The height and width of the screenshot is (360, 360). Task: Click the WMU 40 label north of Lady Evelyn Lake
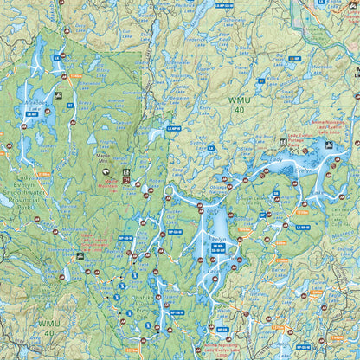240,106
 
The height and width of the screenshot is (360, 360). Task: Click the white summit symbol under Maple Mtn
106,172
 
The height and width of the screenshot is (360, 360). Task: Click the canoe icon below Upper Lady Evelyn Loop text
80,256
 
